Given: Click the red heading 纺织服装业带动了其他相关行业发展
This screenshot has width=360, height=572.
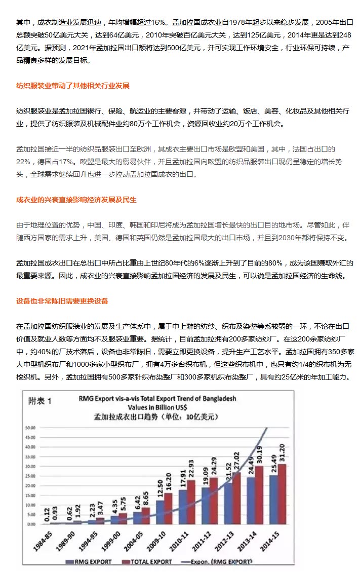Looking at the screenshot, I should point(79,85).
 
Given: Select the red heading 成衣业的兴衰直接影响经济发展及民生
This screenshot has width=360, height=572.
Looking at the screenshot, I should point(76,200).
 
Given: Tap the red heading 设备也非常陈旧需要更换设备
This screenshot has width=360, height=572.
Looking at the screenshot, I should point(62,301).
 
